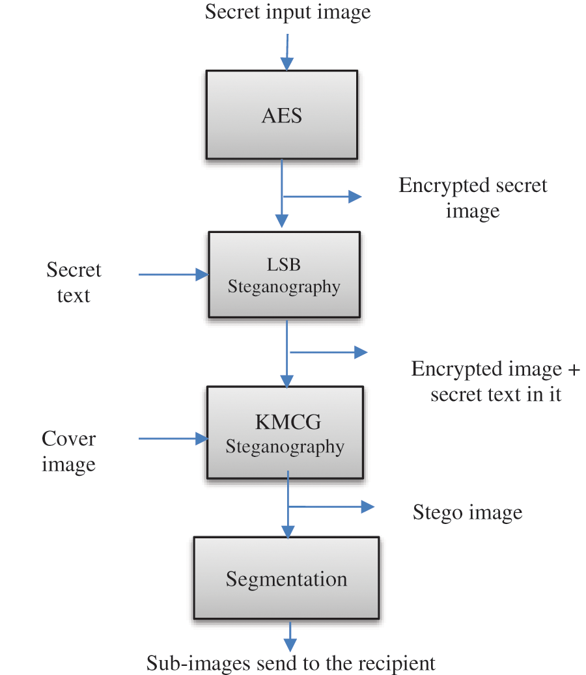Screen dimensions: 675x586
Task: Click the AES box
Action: click(x=281, y=115)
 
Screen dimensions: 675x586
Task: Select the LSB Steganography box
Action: click(x=284, y=275)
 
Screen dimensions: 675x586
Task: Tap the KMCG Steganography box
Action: click(x=285, y=433)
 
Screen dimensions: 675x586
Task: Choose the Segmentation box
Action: click(x=286, y=578)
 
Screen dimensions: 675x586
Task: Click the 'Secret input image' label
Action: click(x=287, y=12)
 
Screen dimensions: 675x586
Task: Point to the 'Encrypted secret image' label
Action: click(x=473, y=198)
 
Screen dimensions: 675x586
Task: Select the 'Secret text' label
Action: click(x=74, y=282)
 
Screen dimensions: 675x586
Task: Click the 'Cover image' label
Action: click(x=68, y=451)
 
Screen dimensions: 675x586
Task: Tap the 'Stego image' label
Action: click(x=467, y=512)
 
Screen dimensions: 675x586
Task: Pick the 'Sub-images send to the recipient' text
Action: click(x=290, y=663)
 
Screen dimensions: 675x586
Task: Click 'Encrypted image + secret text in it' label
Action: click(x=495, y=381)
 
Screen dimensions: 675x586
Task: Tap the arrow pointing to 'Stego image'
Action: click(x=332, y=506)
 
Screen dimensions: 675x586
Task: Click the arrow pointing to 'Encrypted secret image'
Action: click(x=322, y=196)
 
